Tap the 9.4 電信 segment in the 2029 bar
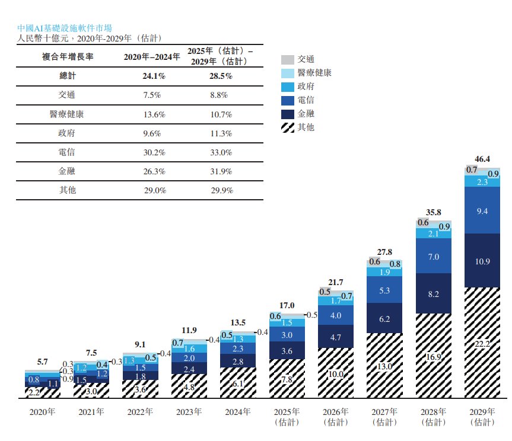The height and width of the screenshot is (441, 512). pyautogui.click(x=482, y=210)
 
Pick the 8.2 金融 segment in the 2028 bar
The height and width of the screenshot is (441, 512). pyautogui.click(x=433, y=293)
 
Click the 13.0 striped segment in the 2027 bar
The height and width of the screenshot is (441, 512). pyautogui.click(x=384, y=366)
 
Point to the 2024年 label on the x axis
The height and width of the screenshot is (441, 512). pyautogui.click(x=238, y=411)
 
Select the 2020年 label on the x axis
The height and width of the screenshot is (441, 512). pyautogui.click(x=43, y=411)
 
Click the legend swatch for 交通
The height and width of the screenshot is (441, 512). pyautogui.click(x=288, y=59)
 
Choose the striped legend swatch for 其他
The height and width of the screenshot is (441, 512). pyautogui.click(x=288, y=126)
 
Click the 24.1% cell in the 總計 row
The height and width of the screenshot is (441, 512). pyautogui.click(x=154, y=76)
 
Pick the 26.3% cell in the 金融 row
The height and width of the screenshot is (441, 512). pyautogui.click(x=154, y=171)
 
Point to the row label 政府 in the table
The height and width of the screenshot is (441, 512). pyautogui.click(x=67, y=133)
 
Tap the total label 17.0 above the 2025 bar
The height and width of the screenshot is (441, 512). pyautogui.click(x=287, y=305)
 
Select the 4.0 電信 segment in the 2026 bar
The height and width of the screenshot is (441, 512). pyautogui.click(x=336, y=315)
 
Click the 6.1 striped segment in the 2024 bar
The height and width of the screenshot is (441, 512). pyautogui.click(x=238, y=384)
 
